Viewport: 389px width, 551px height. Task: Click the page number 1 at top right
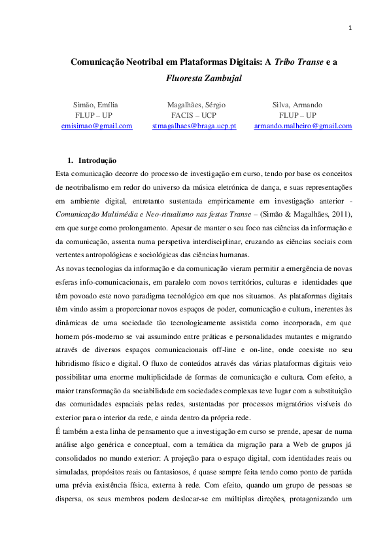351,28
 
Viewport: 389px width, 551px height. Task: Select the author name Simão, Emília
97,105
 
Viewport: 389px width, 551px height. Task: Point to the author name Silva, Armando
297,105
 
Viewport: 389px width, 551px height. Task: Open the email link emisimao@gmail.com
97,126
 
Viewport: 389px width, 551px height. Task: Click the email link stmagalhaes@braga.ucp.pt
194,126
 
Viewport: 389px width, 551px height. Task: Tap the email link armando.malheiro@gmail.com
303,126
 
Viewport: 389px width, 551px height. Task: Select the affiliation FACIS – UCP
194,115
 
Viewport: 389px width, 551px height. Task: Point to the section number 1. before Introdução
71,160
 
